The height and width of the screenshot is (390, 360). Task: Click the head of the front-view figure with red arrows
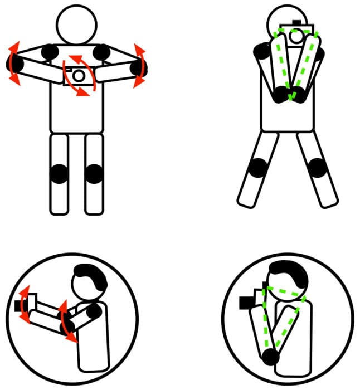coord(76,25)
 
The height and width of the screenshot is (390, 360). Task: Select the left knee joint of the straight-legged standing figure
coord(59,174)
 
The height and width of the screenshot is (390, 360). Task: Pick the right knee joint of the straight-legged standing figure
coord(94,174)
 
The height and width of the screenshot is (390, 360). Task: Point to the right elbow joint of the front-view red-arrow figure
coord(138,68)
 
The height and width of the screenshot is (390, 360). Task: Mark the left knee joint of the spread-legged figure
coord(259,167)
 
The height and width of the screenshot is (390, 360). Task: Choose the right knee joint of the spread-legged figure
coord(317,167)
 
